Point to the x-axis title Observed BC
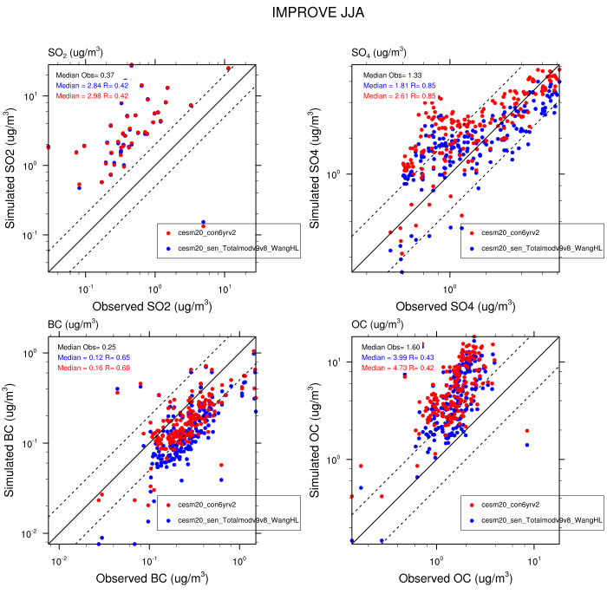coord(152,578)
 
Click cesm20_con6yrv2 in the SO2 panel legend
coord(205,232)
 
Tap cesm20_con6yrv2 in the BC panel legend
coord(205,504)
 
